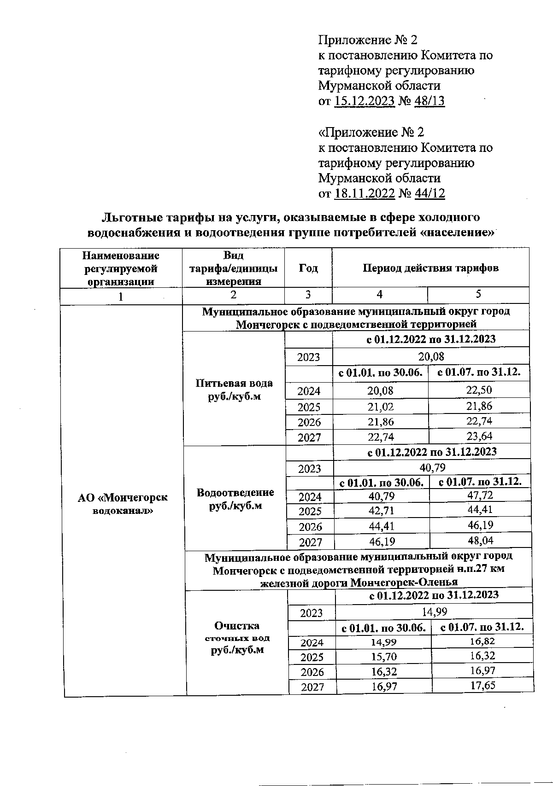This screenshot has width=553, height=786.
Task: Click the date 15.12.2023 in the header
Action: click(365, 101)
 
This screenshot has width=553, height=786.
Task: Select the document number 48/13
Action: click(429, 101)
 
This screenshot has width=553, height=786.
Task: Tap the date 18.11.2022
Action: click(365, 193)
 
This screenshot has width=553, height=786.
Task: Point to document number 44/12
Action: click(429, 193)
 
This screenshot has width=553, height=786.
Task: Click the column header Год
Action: click(308, 268)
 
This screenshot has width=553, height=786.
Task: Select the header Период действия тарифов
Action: click(430, 268)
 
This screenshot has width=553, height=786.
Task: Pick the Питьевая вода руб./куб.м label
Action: click(234, 390)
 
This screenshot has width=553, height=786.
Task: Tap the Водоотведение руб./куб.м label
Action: click(235, 499)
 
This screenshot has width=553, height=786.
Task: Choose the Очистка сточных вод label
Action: click(237, 638)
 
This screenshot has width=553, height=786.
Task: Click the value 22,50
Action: click(479, 390)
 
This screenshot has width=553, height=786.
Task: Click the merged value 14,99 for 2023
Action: click(434, 611)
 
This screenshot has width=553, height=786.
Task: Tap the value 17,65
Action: click(482, 685)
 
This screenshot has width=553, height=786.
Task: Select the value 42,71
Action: click(382, 510)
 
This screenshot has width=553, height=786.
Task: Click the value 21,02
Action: click(381, 406)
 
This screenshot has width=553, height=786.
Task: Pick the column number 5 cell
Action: click(478, 294)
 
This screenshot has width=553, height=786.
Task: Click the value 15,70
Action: click(384, 656)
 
